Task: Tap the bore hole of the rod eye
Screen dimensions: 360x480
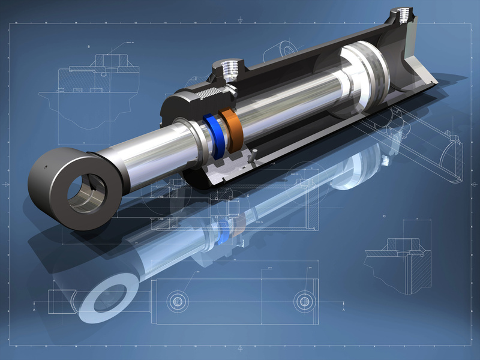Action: click(x=86, y=191)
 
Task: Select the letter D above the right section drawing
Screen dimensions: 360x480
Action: click(x=383, y=214)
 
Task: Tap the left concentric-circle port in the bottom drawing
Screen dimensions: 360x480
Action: click(x=178, y=300)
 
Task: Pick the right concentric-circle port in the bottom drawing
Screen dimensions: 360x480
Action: click(x=305, y=300)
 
